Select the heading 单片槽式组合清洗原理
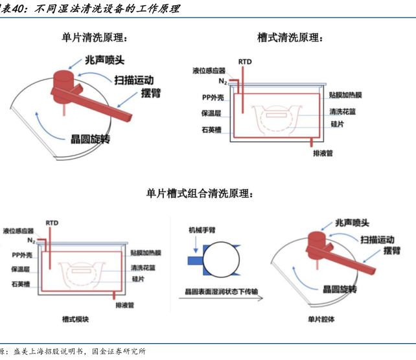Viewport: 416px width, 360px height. click(201, 193)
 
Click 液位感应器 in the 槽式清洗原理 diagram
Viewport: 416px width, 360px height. click(208, 69)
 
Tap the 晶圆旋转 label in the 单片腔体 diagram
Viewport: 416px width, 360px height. click(347, 289)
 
